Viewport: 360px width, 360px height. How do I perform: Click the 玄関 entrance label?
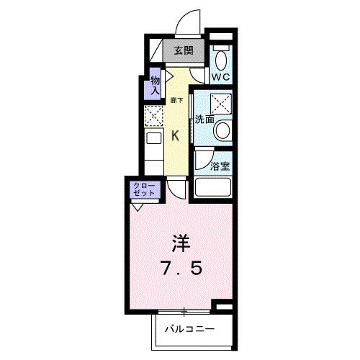click(x=183, y=50)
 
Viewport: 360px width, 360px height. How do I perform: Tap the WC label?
click(x=221, y=74)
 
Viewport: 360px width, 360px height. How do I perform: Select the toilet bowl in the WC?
click(x=221, y=55)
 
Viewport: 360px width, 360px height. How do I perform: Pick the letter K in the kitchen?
click(x=176, y=134)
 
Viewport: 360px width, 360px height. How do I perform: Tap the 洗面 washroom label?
click(x=204, y=119)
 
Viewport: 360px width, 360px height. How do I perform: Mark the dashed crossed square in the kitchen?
click(x=155, y=116)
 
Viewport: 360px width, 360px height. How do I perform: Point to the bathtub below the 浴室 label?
click(x=213, y=188)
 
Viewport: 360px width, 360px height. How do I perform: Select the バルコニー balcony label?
click(x=184, y=330)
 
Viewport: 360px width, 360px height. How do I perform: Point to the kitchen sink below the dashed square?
click(x=155, y=140)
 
